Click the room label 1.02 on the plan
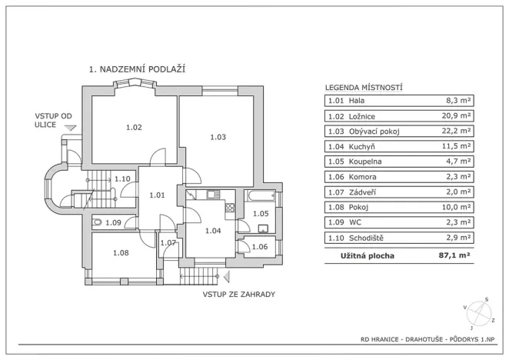tap(133, 127)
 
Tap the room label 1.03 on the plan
tap(218, 137)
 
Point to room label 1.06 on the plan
tap(260, 247)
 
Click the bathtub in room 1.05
tap(260, 197)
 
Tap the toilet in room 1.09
tap(97, 222)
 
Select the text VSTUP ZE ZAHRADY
tap(238, 294)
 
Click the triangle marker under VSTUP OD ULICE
tap(70, 128)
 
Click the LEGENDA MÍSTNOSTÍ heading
tap(364, 88)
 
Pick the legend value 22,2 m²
tap(457, 131)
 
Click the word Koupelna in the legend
tap(364, 162)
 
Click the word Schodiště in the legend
tap(367, 238)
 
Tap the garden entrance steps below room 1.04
tap(201, 273)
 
